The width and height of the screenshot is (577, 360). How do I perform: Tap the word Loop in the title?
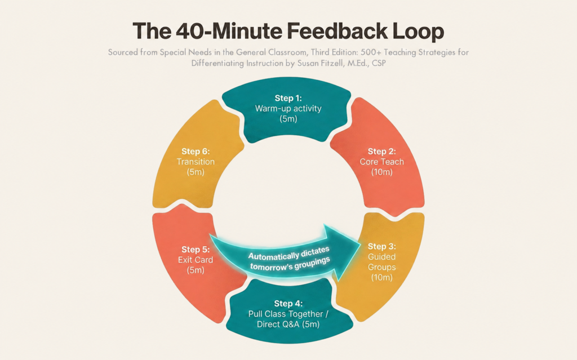tap(418, 32)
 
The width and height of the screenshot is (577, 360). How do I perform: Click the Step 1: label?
tap(288, 98)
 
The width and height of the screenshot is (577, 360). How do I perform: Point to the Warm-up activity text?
tap(288, 109)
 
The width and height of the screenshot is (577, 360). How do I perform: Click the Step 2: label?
tap(381, 152)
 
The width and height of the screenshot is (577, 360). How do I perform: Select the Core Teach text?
tap(381, 162)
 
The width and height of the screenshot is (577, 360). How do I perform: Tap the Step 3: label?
tap(381, 246)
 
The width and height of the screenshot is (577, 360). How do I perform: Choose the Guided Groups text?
tap(381, 262)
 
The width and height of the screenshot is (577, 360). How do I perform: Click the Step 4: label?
tap(288, 304)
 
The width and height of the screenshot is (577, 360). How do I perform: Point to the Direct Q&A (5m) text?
tap(288, 325)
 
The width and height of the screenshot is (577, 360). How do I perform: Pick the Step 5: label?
tap(196, 250)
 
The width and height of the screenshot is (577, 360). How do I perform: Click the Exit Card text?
tap(196, 260)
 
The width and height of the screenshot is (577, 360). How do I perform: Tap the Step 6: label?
tap(196, 152)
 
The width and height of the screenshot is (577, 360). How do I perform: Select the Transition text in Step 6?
tap(196, 162)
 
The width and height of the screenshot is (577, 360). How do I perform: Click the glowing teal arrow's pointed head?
tap(359, 245)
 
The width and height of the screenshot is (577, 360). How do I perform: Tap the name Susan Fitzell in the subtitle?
tap(319, 63)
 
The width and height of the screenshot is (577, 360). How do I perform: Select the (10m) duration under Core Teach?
tap(381, 172)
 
